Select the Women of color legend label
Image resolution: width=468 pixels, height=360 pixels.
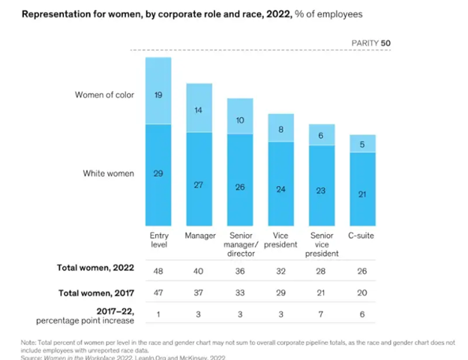tap(104, 95)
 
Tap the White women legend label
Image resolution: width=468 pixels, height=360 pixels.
tap(109, 174)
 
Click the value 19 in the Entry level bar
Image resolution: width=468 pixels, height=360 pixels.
tap(158, 96)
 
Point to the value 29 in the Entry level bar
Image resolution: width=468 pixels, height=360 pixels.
tap(158, 174)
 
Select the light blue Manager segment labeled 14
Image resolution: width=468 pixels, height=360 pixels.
tap(199, 109)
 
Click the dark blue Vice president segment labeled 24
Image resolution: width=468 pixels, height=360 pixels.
tap(280, 190)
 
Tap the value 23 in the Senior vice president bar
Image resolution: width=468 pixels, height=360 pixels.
tap(322, 191)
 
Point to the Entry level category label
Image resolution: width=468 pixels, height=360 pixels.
tap(159, 240)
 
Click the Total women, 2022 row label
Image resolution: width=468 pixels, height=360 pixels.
tap(95, 267)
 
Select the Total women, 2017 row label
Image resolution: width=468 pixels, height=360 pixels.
tap(95, 291)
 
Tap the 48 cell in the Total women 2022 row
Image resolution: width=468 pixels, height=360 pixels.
tap(158, 268)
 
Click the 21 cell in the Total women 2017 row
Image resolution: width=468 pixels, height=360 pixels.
tap(322, 292)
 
